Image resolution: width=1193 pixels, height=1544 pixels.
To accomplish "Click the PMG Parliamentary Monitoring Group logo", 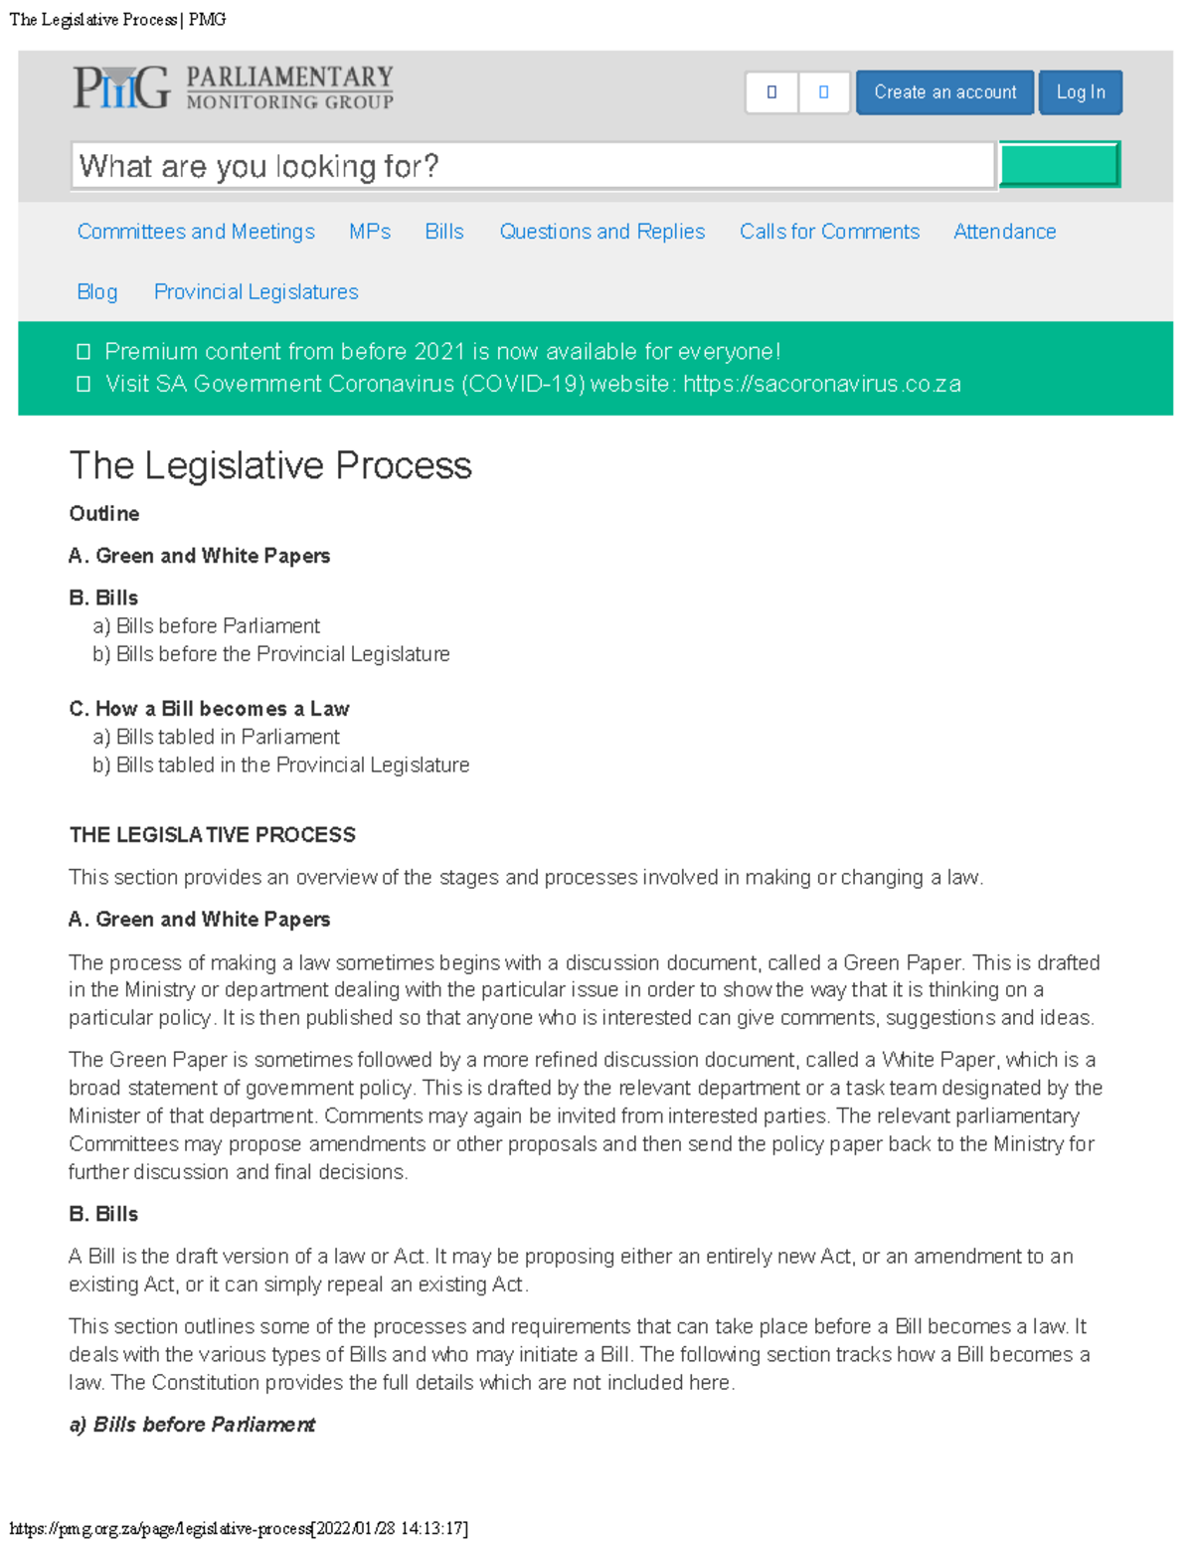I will [233, 87].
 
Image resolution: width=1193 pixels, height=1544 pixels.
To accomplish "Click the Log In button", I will [1080, 92].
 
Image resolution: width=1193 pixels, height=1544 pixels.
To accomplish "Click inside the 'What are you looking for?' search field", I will [533, 165].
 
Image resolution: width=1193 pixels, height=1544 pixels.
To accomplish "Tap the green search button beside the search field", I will [1059, 165].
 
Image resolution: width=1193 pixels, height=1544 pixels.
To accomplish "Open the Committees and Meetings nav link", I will [196, 232].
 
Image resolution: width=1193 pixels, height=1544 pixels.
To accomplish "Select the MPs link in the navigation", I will [370, 232].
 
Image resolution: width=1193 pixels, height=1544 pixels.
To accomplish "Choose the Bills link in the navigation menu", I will [444, 232].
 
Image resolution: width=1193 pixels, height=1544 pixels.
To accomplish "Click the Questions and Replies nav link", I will [601, 232].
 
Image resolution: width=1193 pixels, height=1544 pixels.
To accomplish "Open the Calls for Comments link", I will [829, 232].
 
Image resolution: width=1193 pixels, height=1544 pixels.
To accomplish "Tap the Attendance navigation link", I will [1004, 232].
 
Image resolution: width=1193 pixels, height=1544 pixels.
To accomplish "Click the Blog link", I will [97, 292].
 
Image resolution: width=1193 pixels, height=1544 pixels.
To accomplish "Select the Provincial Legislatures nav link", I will [256, 292].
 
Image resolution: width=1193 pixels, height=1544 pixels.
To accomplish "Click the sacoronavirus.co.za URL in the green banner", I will [821, 385].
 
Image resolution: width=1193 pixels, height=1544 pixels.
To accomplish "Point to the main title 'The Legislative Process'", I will [270, 465].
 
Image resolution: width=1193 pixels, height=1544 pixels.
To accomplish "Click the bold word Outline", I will [104, 514].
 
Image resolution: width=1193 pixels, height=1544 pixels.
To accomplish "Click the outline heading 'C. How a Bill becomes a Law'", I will [209, 709].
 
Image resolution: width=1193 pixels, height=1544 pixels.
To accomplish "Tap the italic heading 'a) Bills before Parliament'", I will [192, 1425].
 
